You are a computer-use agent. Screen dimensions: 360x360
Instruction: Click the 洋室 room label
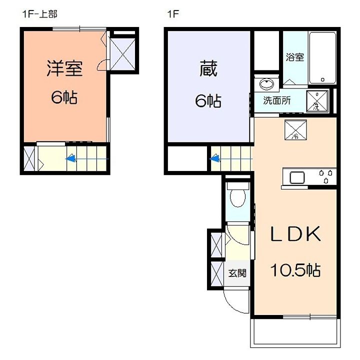[64, 68]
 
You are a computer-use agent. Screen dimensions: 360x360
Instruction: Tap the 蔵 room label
[208, 68]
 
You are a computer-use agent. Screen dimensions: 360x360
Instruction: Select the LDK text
[295, 233]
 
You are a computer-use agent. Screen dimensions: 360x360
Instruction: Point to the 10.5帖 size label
[295, 270]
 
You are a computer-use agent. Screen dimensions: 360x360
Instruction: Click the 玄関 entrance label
[237, 273]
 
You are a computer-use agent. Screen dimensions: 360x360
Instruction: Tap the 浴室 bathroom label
[295, 57]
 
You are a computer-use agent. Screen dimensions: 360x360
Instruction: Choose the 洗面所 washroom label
[277, 100]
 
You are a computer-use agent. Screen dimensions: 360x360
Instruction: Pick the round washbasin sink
[266, 83]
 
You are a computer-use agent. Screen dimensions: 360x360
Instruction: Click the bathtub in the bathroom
[322, 58]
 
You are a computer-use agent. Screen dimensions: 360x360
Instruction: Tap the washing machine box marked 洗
[317, 101]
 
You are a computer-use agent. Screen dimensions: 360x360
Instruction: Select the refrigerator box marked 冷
[295, 129]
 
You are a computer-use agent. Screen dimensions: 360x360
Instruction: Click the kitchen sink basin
[297, 177]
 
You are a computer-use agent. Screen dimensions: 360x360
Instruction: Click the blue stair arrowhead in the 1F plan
[214, 158]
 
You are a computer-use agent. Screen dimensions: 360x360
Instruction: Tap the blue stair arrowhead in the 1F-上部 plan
[70, 158]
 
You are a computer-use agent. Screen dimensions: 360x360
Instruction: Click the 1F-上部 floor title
[39, 14]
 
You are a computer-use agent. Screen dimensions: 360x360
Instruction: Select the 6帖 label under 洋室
[64, 97]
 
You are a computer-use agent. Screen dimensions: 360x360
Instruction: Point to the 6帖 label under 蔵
[208, 101]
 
